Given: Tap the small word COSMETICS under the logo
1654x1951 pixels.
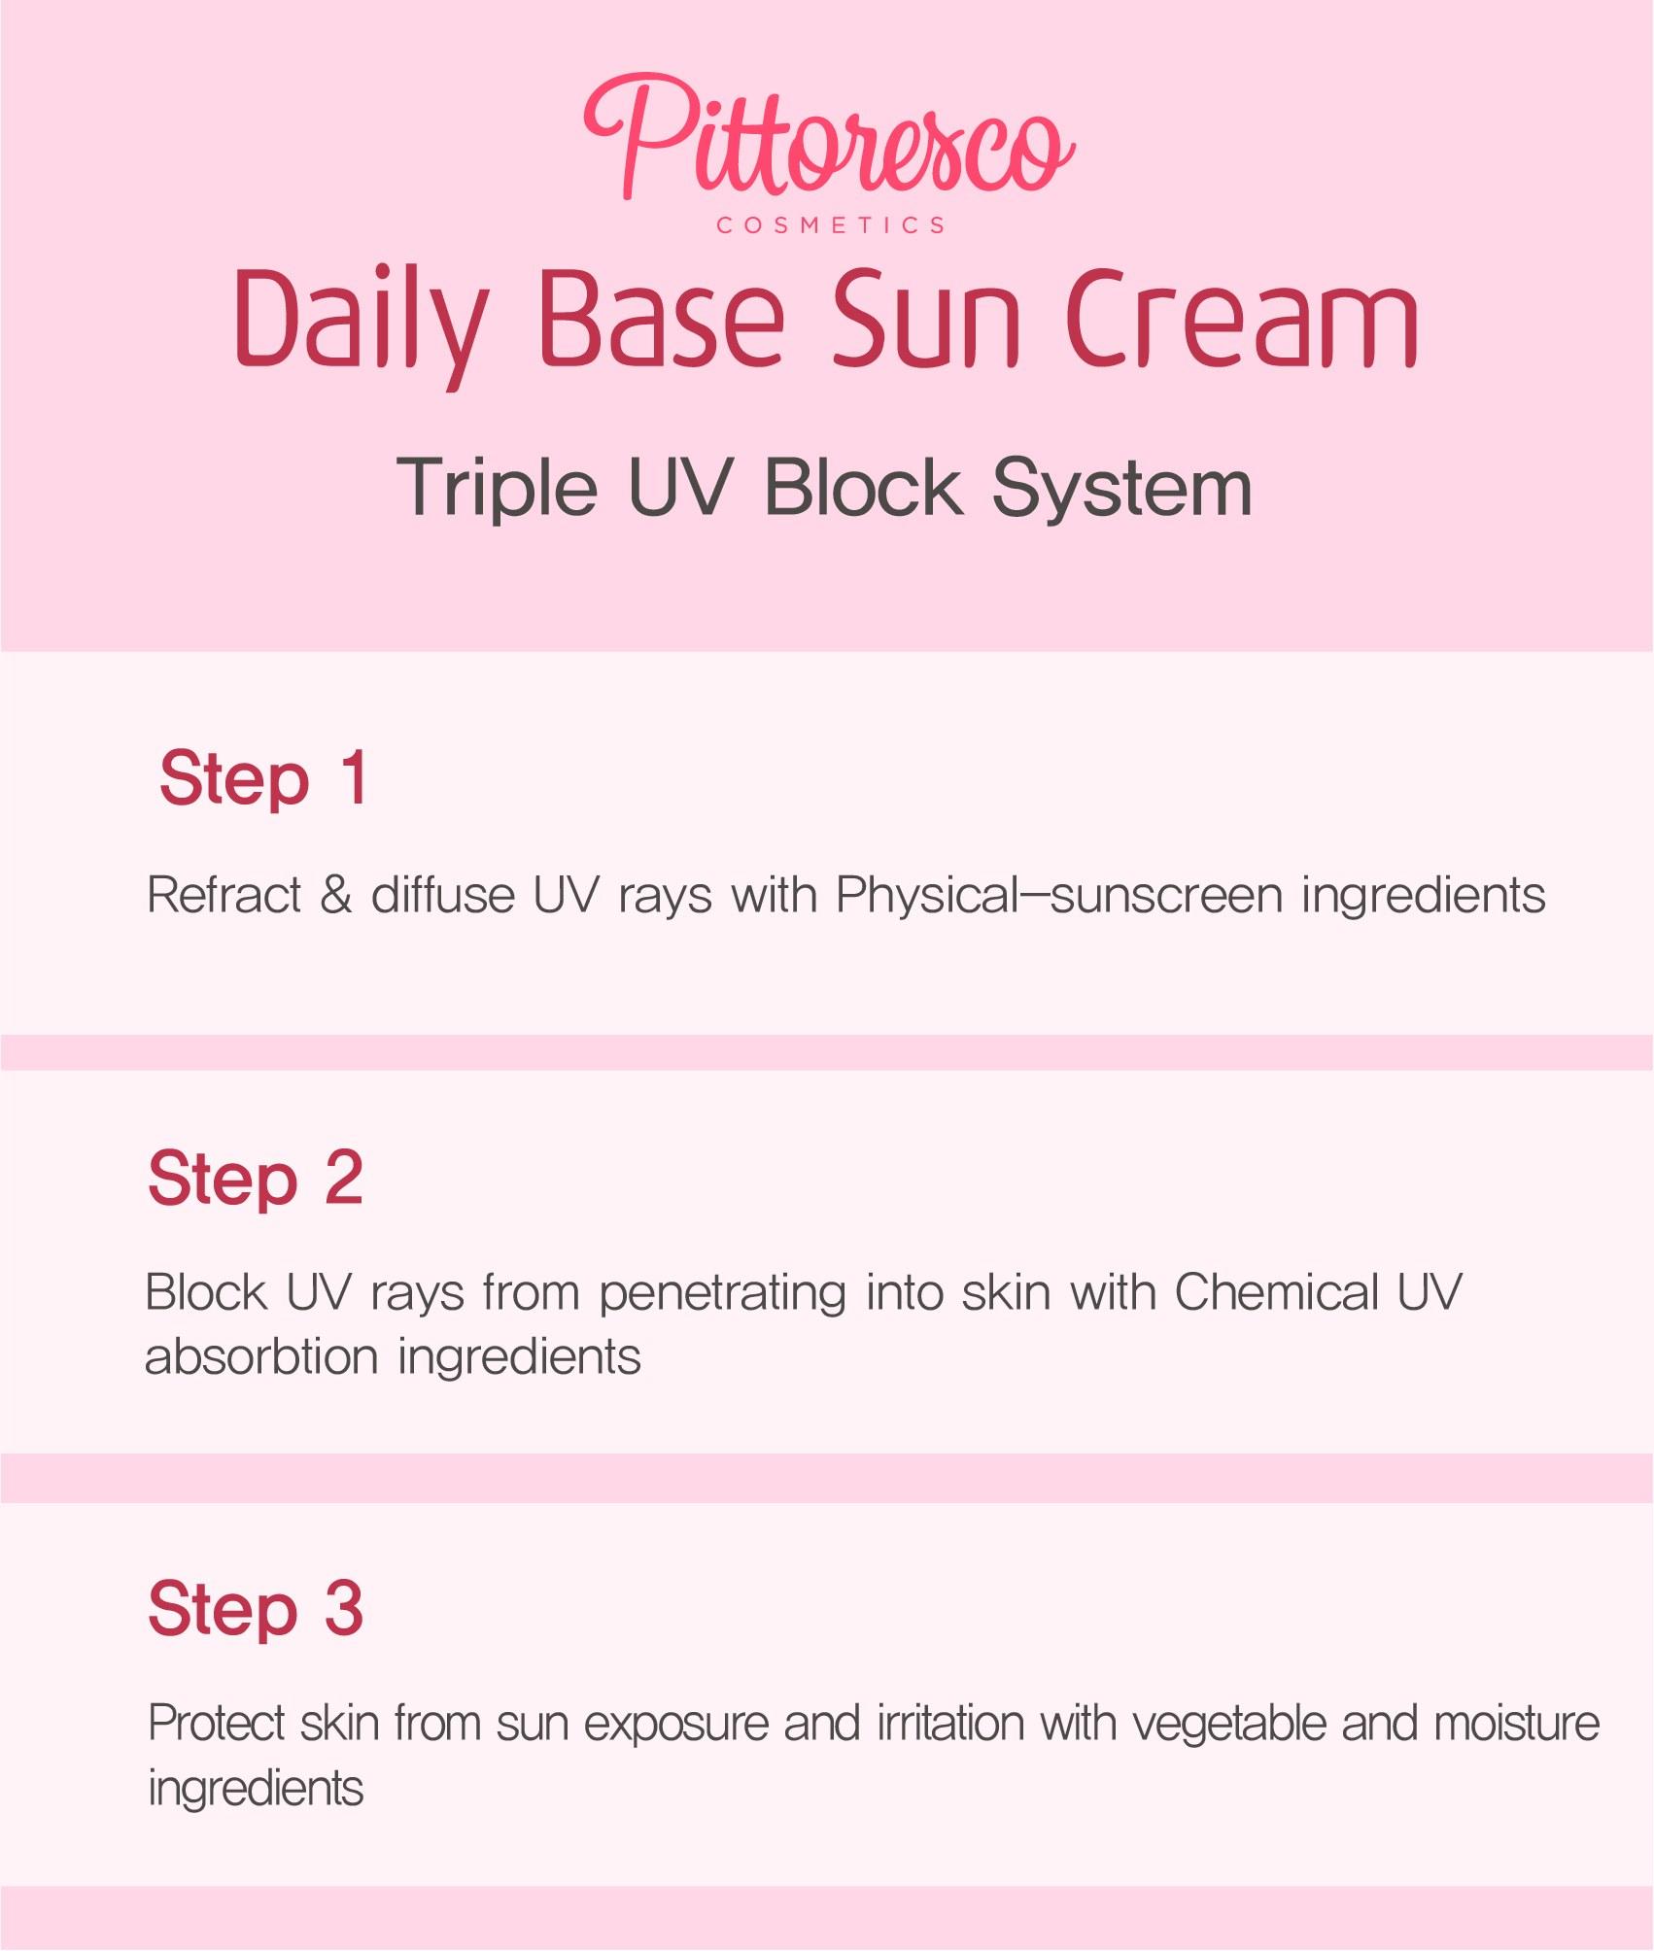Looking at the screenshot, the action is pos(831,225).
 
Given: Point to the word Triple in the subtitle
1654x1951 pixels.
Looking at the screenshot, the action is pos(497,488).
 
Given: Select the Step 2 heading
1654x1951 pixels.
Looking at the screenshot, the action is pos(256,1178).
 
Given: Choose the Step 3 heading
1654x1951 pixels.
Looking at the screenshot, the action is pos(256,1607).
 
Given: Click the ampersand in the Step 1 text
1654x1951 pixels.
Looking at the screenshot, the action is pos(336,894).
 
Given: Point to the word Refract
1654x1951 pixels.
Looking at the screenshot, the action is pos(224,894).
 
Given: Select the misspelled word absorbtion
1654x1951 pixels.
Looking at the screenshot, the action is pos(261,1356).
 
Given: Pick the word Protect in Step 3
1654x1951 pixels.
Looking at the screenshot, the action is pos(217,1724).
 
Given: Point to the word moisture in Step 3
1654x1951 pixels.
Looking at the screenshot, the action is pos(1517,1724).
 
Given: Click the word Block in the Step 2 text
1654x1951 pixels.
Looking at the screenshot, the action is pos(206,1292).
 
